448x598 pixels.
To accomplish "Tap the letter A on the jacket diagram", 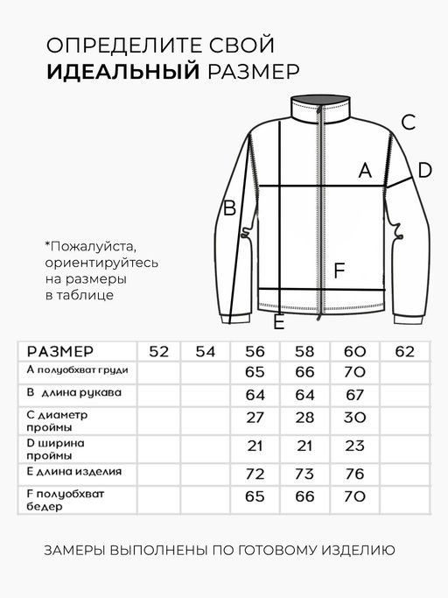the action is click(x=366, y=171).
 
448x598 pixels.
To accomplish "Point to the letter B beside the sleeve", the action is click(x=230, y=209).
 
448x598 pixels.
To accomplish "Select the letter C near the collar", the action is click(x=407, y=123).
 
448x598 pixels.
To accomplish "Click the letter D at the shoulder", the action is click(x=424, y=171).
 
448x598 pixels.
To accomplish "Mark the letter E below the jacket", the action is click(x=278, y=324).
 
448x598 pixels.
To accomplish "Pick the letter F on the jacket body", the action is click(x=341, y=270).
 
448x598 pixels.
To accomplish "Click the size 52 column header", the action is click(x=159, y=352).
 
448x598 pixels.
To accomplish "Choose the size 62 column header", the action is click(x=405, y=352).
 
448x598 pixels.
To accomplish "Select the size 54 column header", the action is click(x=206, y=352).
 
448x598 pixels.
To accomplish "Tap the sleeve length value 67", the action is click(x=354, y=395).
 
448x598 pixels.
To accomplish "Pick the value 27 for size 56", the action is click(x=255, y=418).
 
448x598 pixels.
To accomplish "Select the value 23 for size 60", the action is click(x=354, y=447).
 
